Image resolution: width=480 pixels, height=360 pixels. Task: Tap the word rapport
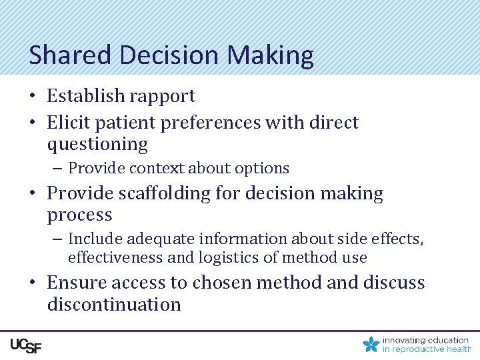[x=162, y=96]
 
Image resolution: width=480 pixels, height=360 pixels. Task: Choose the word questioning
[x=97, y=145]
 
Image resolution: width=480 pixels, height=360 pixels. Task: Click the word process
[x=79, y=215]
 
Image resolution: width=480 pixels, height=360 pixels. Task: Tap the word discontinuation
[x=114, y=305]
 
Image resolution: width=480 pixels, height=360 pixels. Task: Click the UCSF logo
[x=25, y=345]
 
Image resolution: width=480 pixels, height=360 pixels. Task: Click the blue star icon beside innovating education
[x=371, y=345]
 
